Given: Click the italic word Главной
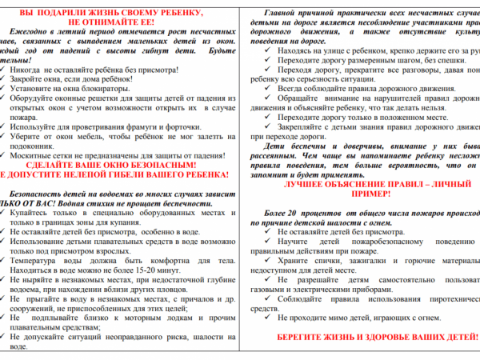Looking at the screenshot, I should click(x=308, y=15).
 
